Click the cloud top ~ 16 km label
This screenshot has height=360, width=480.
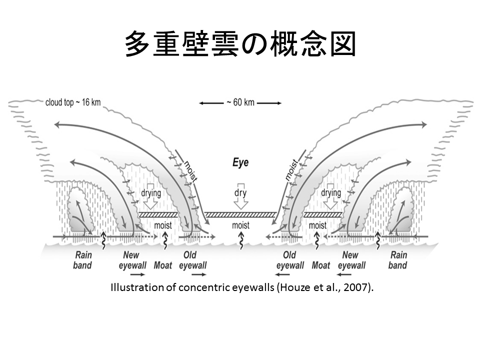pos(72,102)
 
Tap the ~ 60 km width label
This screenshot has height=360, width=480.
pos(240,102)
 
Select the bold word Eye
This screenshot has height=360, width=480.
pos(240,163)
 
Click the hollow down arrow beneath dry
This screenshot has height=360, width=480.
pos(241,203)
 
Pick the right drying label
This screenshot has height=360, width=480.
pos(330,192)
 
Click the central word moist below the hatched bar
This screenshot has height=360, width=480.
pos(240,225)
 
